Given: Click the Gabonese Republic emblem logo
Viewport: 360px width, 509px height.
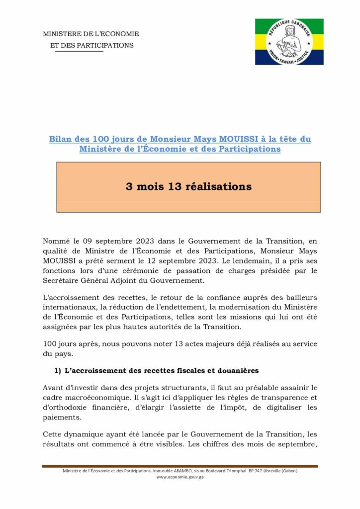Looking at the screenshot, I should (x=289, y=42).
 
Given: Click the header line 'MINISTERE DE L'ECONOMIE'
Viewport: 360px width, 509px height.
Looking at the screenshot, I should (x=91, y=34).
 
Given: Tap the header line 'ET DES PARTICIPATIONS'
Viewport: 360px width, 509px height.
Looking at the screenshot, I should (x=92, y=45).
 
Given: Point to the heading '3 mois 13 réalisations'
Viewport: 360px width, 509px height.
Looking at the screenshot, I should (x=188, y=187).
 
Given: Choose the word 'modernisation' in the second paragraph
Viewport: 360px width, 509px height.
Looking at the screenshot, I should (x=245, y=307).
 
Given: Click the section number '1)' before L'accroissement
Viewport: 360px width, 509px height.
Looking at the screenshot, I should (x=58, y=371).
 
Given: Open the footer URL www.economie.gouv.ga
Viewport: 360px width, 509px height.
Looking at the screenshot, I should (x=180, y=477).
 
